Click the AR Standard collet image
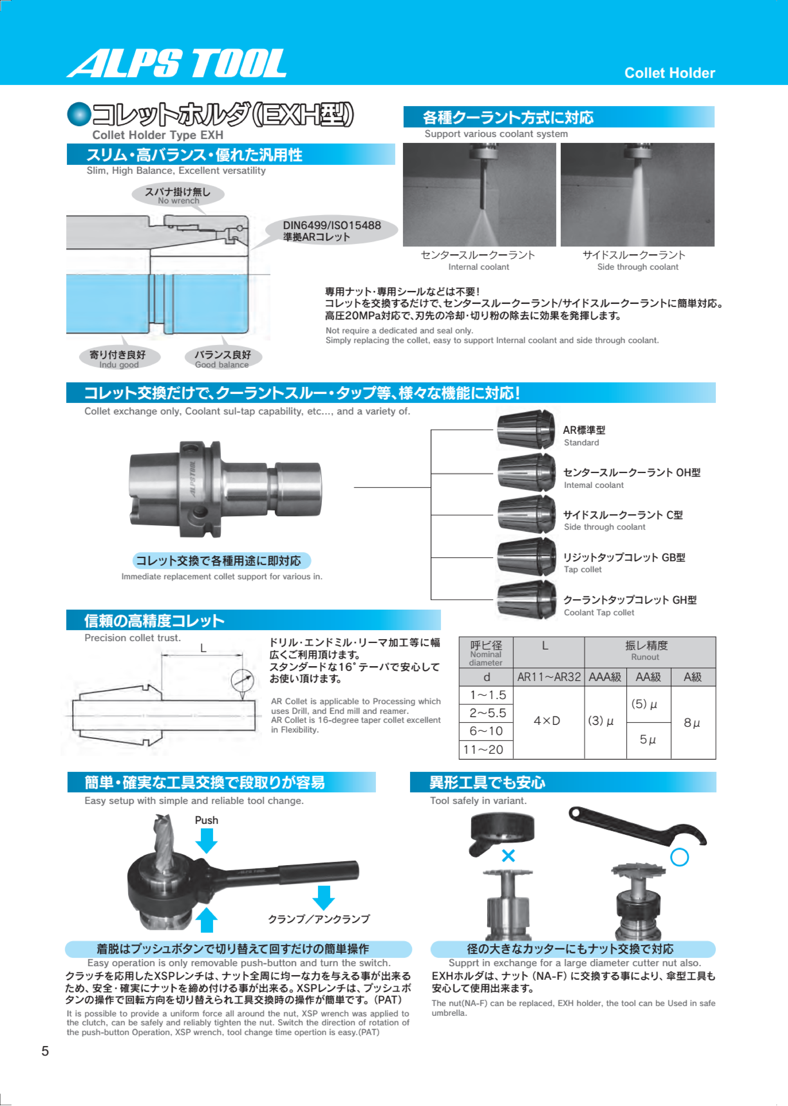pos(526,429)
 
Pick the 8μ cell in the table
pos(692,723)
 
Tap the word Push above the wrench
pos(206,820)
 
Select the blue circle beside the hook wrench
pos(679,857)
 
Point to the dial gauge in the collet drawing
pos(242,681)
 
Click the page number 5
pos(45,1051)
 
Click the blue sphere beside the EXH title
pos(79,114)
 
